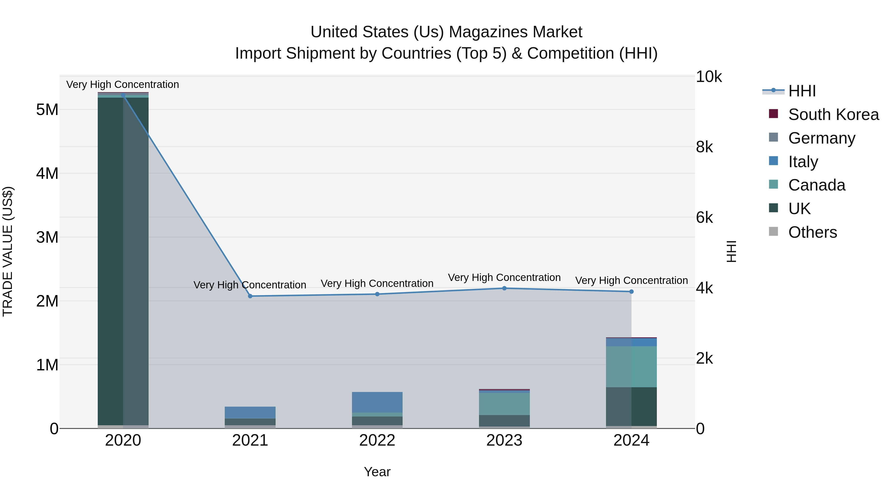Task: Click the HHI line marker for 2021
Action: click(250, 296)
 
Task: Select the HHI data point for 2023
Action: click(504, 288)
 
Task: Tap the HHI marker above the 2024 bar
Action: click(631, 292)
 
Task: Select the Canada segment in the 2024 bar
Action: click(631, 367)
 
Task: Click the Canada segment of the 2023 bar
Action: click(504, 404)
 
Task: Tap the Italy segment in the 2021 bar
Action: click(250, 412)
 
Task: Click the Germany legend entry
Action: click(821, 138)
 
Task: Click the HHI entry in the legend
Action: click(801, 91)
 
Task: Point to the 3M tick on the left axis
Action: click(47, 237)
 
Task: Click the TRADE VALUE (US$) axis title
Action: click(8, 251)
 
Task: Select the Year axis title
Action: click(377, 472)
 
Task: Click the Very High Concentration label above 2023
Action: click(504, 277)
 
